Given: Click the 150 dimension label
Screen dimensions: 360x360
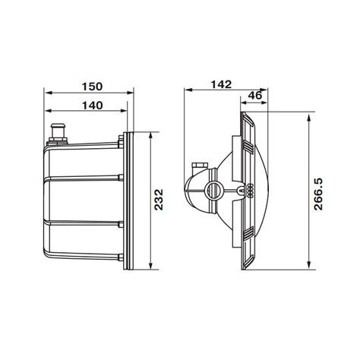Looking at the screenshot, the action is [93, 87].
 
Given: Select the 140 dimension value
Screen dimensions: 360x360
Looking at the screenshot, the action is [93, 106].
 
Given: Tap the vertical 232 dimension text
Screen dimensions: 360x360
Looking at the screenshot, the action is [159, 200].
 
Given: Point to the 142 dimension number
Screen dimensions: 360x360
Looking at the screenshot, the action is [221, 84].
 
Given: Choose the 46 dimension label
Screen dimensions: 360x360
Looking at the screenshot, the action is [255, 96].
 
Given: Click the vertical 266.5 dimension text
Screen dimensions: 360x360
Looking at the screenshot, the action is [318, 194].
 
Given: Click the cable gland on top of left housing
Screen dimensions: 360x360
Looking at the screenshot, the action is [58, 134].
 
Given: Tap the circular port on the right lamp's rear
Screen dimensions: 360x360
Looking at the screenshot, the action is [214, 190].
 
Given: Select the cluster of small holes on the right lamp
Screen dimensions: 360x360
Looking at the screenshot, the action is [250, 191].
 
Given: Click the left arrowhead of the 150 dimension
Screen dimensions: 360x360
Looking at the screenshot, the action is [48, 93].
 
